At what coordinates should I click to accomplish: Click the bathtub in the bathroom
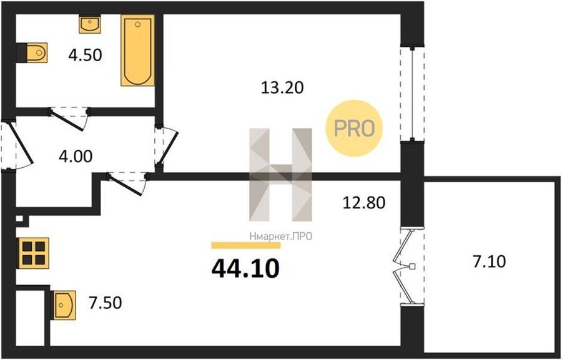(x=137, y=50)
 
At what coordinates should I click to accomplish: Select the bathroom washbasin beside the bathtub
(x=89, y=24)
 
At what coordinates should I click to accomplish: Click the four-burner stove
(x=34, y=253)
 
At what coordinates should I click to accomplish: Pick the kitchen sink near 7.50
(x=64, y=305)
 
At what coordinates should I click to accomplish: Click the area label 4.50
(x=86, y=56)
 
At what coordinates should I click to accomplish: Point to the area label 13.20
(x=282, y=87)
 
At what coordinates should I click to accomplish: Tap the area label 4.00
(x=76, y=157)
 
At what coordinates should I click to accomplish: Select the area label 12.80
(x=364, y=203)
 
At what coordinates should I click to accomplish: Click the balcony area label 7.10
(x=489, y=262)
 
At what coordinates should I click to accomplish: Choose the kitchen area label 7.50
(x=105, y=303)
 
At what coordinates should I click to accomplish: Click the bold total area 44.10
(x=245, y=270)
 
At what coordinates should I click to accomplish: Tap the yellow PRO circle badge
(x=354, y=128)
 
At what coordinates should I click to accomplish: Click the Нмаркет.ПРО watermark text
(x=280, y=236)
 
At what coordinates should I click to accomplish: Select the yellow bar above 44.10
(x=246, y=245)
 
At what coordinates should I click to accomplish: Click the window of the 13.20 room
(x=413, y=94)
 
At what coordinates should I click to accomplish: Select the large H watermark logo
(x=280, y=175)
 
